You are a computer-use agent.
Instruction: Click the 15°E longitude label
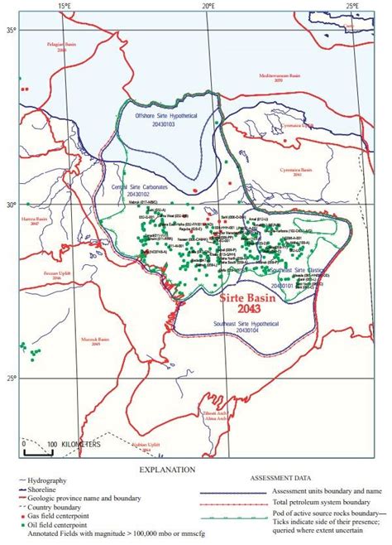coord(65,7)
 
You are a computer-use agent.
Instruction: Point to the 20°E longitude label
coord(208,7)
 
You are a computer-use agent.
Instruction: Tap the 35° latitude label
coord(12,31)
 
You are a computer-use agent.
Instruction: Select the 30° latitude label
coord(12,205)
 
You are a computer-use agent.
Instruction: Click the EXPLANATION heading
coord(166,470)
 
